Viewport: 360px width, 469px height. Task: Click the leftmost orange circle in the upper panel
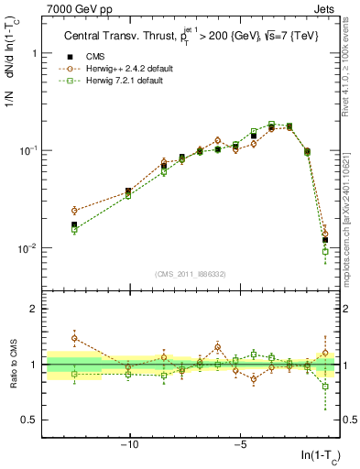point(74,211)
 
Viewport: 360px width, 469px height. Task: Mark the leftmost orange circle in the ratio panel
point(74,338)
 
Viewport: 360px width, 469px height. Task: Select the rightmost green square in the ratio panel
point(325,387)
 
